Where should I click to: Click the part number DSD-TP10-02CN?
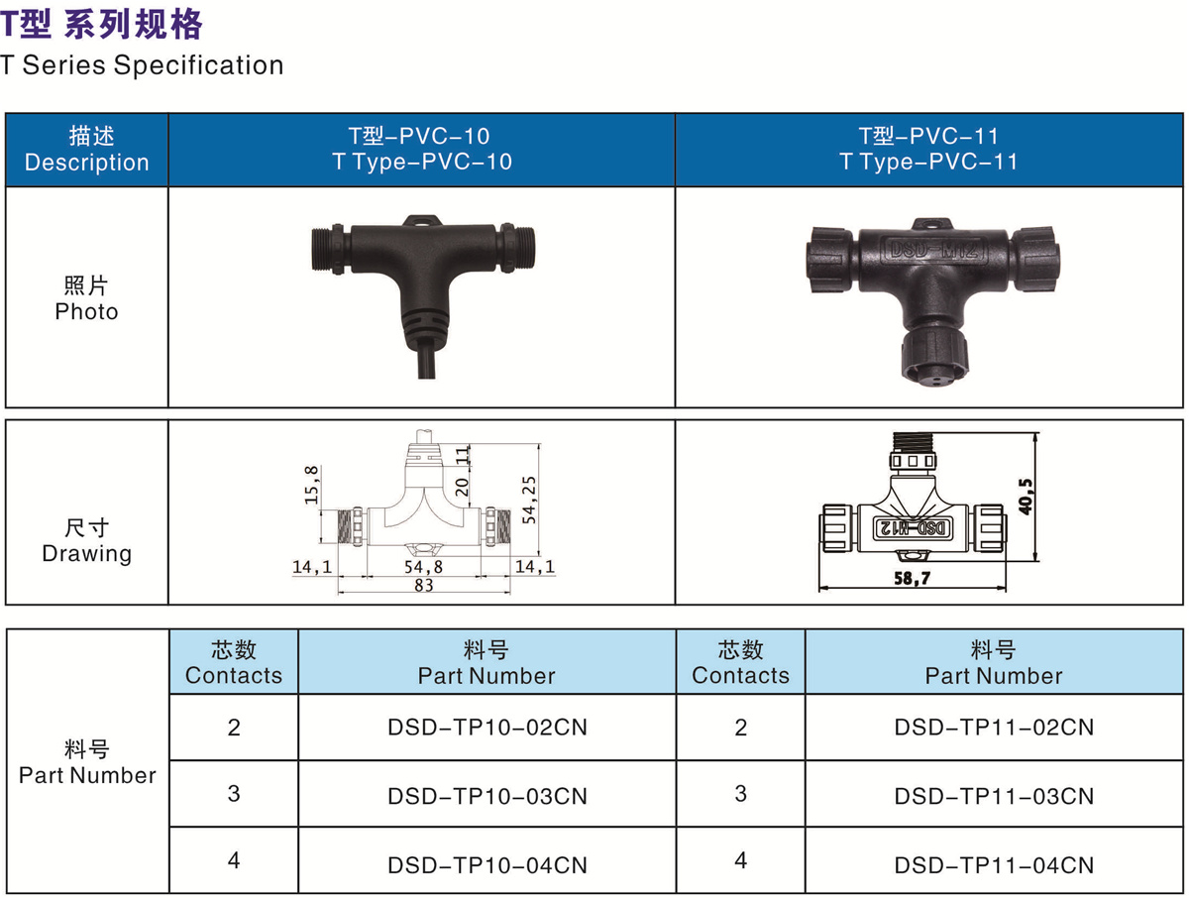[486, 728]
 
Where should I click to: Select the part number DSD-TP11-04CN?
[994, 865]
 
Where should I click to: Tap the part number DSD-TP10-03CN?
[486, 797]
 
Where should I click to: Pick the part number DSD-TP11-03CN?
[994, 797]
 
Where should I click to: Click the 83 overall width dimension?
[424, 585]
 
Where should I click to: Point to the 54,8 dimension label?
[424, 567]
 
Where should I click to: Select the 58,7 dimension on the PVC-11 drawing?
[913, 578]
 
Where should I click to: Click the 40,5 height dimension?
[1026, 497]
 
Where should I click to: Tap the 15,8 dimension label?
[311, 485]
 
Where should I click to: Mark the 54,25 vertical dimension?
[529, 500]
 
